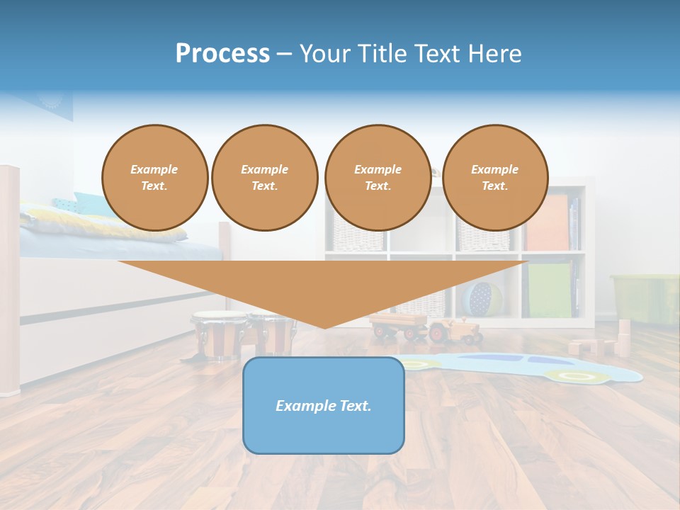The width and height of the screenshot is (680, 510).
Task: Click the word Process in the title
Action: click(x=222, y=54)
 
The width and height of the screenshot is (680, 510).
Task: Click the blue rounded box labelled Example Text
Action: click(x=324, y=405)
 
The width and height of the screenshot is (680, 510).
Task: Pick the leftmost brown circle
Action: click(x=154, y=178)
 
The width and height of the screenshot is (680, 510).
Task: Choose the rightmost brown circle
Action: click(x=494, y=178)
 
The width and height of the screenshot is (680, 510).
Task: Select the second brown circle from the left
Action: click(x=264, y=178)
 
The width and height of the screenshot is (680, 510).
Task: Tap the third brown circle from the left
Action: click(x=378, y=178)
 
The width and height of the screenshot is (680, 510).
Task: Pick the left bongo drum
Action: click(x=218, y=334)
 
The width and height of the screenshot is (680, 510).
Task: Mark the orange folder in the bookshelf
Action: click(x=548, y=222)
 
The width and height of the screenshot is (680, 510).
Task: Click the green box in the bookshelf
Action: click(x=549, y=290)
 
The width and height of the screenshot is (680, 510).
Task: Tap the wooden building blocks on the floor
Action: click(x=602, y=344)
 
